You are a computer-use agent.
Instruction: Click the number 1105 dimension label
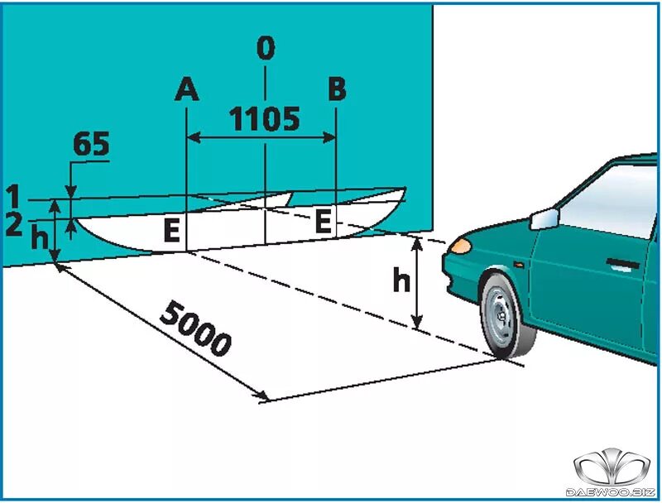(264, 120)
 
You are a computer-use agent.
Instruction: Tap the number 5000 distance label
(195, 328)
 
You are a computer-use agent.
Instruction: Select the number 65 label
(91, 145)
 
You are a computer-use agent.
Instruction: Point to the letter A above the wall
(187, 89)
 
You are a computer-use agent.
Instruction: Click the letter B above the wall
(336, 89)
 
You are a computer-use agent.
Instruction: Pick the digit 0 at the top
(265, 48)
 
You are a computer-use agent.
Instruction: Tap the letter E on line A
(171, 232)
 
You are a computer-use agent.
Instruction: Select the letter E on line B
(324, 221)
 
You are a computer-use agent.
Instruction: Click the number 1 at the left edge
(12, 197)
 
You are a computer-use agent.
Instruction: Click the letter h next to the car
(401, 281)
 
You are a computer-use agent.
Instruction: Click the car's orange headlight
(460, 246)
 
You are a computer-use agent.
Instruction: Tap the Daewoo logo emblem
(612, 467)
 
